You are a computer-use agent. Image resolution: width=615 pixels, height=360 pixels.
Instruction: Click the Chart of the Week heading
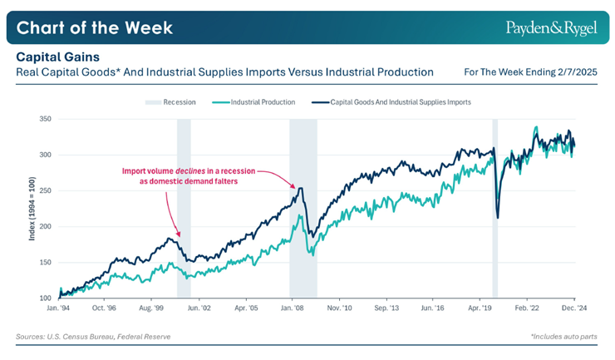pos(95,27)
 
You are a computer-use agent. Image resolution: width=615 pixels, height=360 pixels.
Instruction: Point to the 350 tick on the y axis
pos(46,120)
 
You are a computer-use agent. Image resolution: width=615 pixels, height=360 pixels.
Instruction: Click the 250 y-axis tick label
pos(46,191)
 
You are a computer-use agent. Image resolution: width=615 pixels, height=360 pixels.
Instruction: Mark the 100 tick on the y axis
pos(46,298)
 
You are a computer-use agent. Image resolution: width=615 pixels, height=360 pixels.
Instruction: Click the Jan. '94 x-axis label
pos(59,307)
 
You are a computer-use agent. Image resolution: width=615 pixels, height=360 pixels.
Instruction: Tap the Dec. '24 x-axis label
pos(574,307)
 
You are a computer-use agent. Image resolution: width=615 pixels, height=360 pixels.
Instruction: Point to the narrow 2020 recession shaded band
pos(494,208)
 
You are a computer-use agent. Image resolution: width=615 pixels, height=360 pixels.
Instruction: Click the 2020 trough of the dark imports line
pos(498,217)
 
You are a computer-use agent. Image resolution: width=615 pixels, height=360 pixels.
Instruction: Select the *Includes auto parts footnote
pos(564,337)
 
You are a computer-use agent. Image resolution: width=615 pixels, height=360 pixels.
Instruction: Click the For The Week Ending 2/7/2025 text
pos(533,72)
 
